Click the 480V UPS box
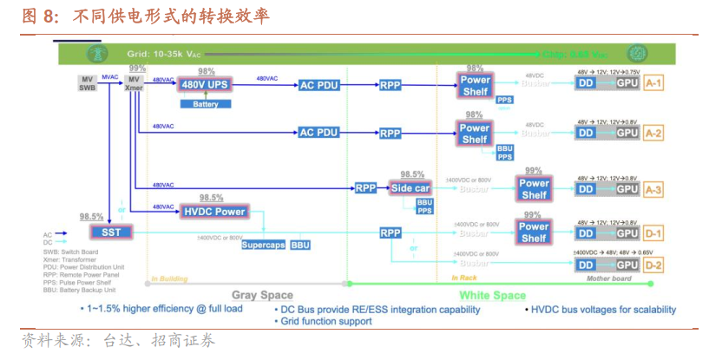205,85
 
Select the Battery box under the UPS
205,104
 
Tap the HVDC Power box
214,211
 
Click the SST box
111,232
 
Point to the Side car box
410,188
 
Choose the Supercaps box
263,245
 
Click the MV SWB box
87,83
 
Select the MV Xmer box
135,83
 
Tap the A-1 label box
653,83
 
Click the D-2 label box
653,265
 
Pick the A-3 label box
653,188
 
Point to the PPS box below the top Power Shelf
504,100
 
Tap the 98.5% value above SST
91,217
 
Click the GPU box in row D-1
627,233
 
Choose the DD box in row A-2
587,134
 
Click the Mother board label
610,278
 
